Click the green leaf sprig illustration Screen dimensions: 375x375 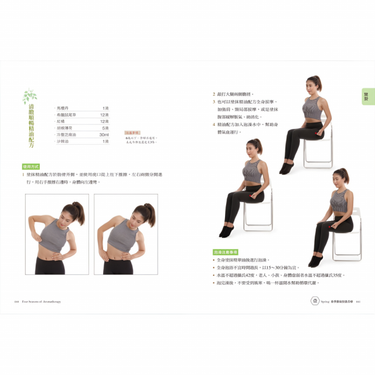(29, 96)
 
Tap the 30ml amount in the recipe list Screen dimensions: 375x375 (104, 135)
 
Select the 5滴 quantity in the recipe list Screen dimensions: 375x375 (105, 128)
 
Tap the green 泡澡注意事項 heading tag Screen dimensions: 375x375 (225, 251)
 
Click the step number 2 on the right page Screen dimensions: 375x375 (214, 94)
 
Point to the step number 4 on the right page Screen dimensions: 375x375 (214, 125)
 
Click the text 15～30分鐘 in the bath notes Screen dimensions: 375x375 (276, 267)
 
